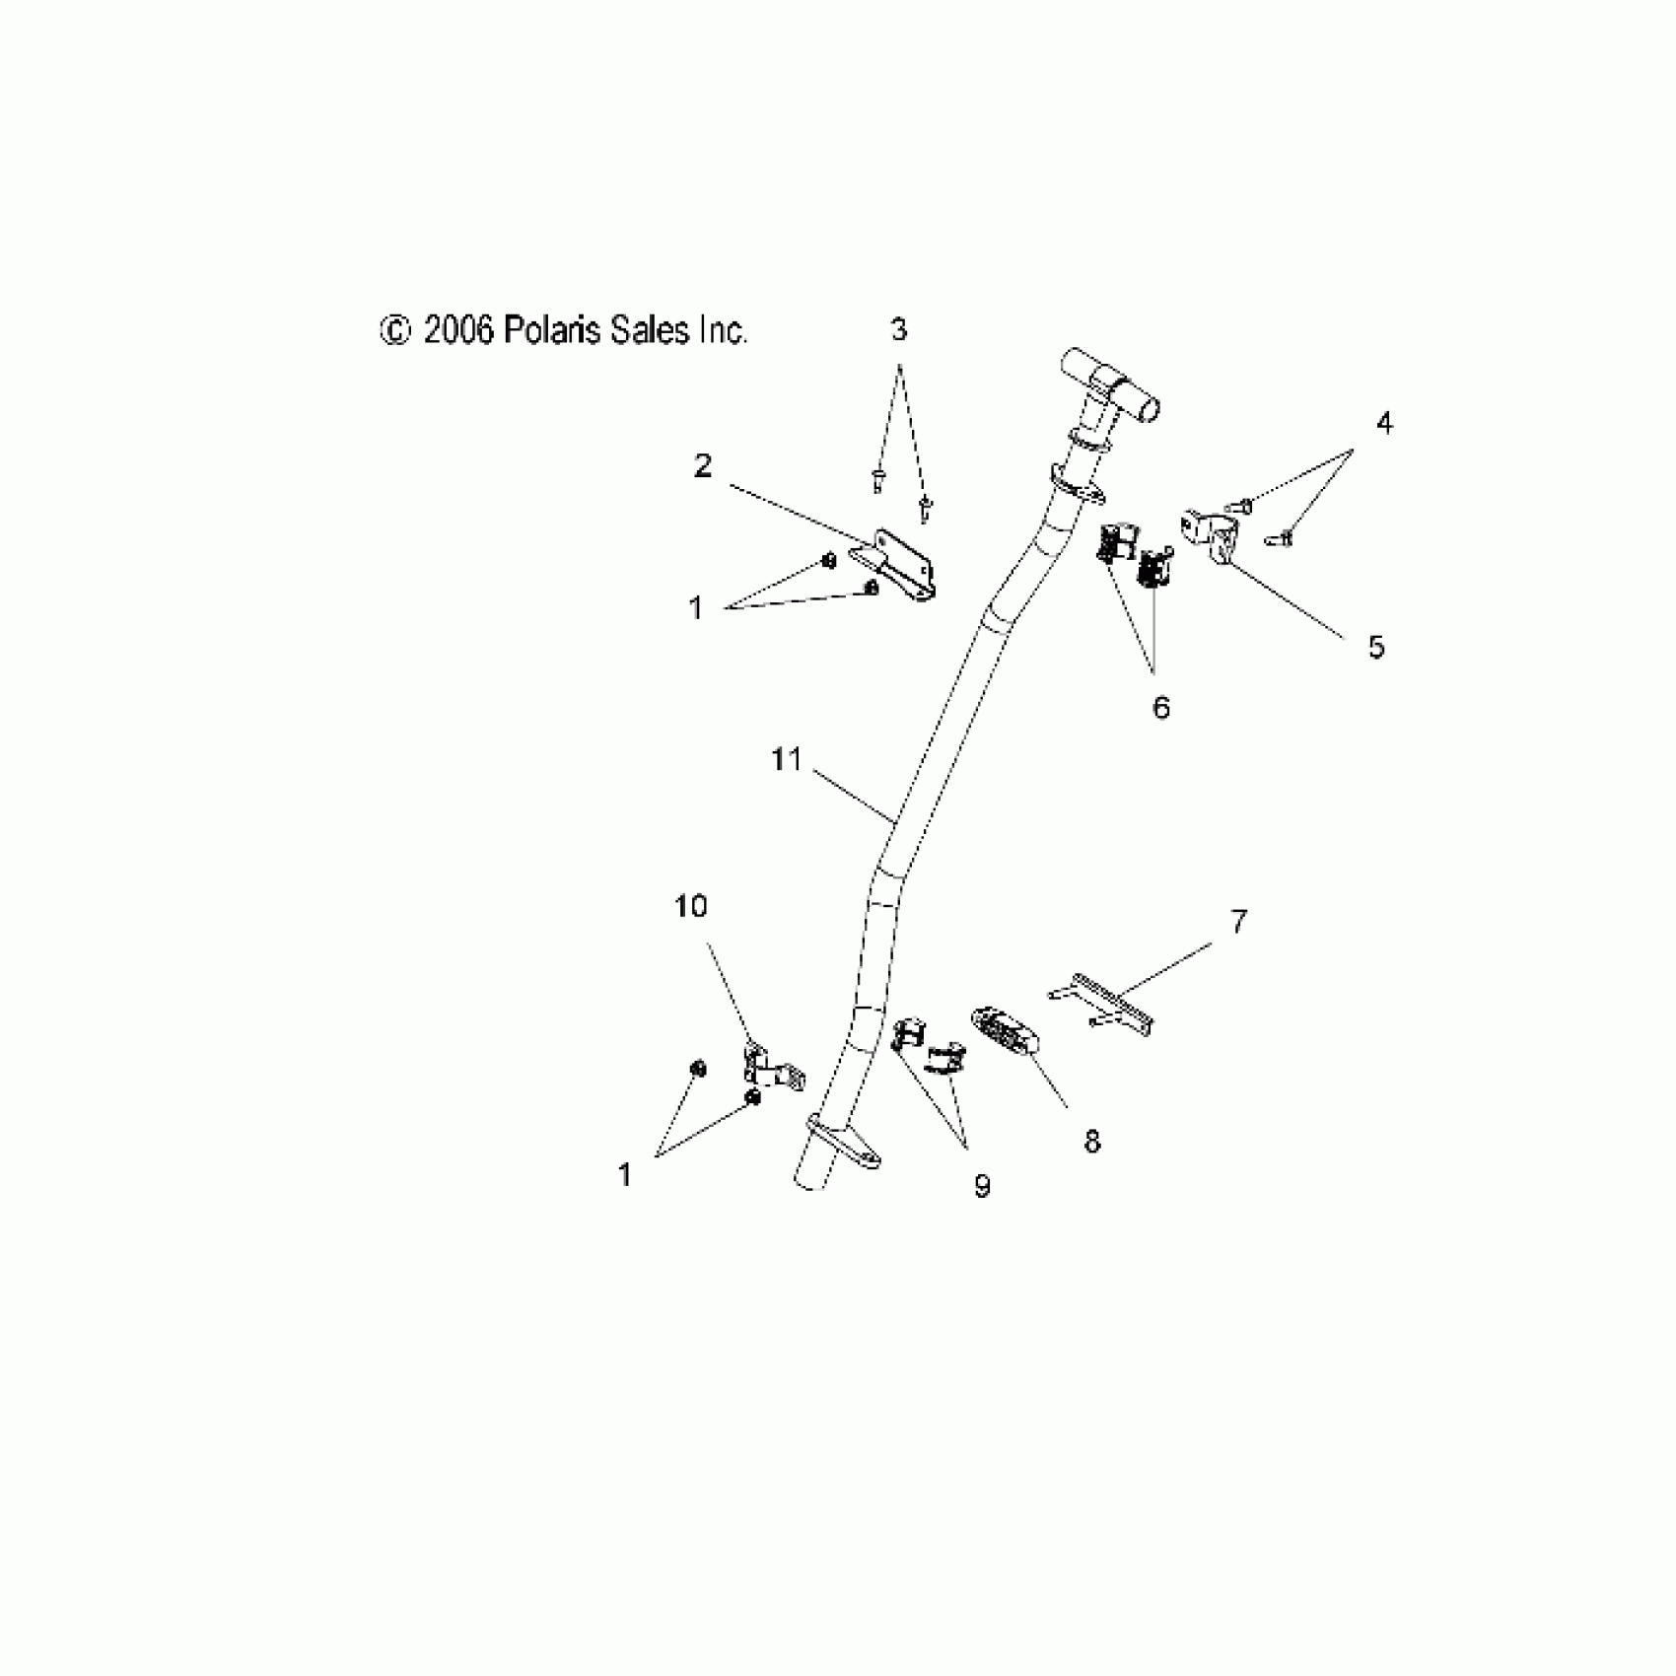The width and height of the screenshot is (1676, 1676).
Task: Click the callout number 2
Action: point(702,466)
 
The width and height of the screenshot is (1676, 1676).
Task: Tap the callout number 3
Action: point(898,331)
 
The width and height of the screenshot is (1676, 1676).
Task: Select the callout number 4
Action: point(1384,424)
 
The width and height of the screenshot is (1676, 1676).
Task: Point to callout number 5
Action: point(1376,648)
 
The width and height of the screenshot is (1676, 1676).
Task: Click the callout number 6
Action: point(1161,707)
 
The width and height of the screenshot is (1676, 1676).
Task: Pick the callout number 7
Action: point(1239,922)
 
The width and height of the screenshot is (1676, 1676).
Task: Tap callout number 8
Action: point(1092,1142)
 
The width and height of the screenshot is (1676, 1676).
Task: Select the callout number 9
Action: point(982,1187)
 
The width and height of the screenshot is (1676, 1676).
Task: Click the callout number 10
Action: point(691,906)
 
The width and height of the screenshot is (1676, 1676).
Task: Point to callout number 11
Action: point(786,760)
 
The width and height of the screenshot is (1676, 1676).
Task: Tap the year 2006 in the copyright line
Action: point(457,330)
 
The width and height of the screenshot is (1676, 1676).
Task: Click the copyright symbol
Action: point(393,331)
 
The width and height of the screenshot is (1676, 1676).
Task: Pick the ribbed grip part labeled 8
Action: point(1006,1034)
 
